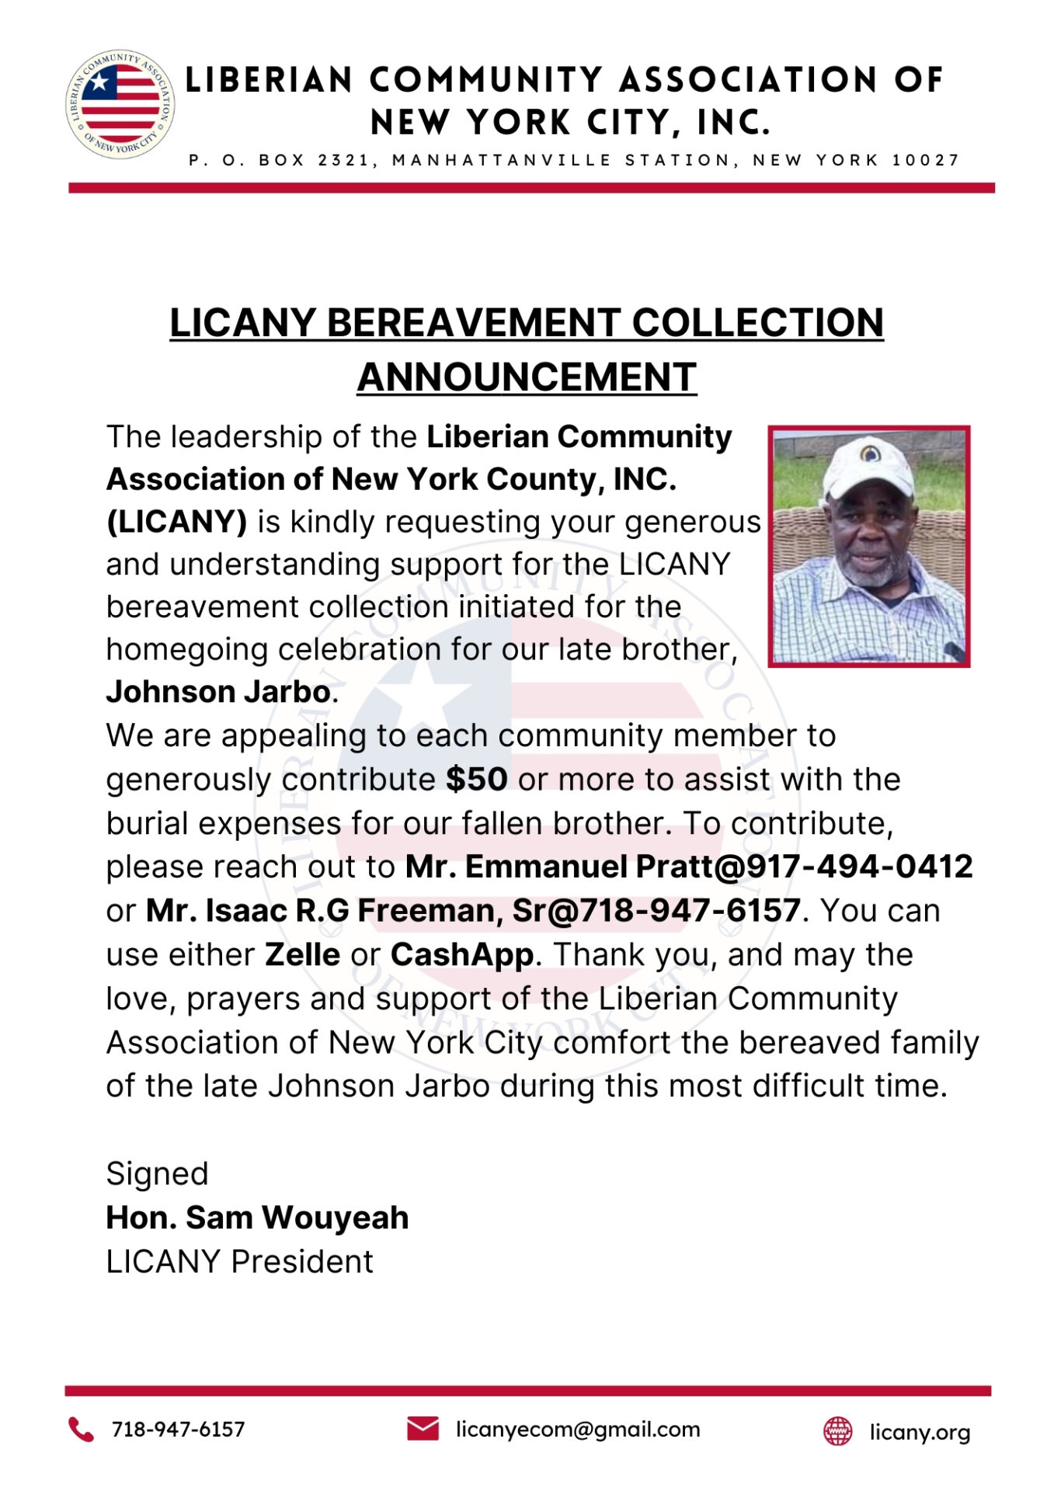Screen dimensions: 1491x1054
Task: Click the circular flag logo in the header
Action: coord(120,104)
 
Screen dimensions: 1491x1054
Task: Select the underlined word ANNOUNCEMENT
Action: coord(527,377)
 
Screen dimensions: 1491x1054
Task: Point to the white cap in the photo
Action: coord(866,466)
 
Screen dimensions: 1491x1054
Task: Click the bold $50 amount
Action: coord(476,779)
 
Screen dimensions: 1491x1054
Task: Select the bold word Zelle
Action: coord(302,954)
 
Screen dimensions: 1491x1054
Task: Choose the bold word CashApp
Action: coord(462,954)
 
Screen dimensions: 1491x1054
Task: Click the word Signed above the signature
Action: coord(157,1173)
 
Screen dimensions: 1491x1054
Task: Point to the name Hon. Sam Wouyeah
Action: coord(257,1218)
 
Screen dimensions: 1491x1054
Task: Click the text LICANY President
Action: coord(239,1262)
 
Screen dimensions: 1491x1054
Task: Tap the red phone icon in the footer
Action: coord(81,1429)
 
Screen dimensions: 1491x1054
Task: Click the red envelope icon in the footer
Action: coord(423,1428)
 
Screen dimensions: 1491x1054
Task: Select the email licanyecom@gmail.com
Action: coord(578,1429)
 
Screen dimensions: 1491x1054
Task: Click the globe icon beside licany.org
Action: coord(837,1430)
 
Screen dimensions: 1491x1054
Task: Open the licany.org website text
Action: coord(920,1432)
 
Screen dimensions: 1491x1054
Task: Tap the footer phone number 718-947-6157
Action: coord(178,1429)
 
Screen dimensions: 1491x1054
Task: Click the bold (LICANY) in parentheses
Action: coord(176,522)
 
